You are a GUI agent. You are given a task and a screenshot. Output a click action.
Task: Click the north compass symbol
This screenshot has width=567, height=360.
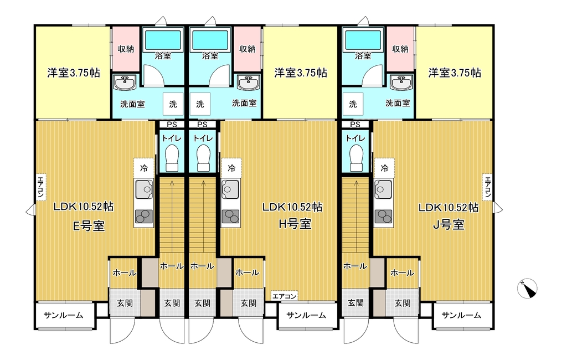click(x=527, y=289)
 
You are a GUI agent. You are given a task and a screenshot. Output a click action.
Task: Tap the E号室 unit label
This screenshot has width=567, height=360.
click(x=89, y=226)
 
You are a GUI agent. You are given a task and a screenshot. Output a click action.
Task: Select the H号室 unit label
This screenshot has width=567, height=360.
click(x=295, y=224)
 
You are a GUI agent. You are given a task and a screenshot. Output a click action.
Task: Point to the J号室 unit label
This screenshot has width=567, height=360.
click(x=449, y=225)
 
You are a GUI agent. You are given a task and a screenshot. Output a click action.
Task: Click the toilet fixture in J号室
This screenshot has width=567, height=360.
click(x=356, y=158)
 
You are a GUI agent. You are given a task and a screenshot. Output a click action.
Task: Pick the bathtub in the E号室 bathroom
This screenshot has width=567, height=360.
click(x=163, y=40)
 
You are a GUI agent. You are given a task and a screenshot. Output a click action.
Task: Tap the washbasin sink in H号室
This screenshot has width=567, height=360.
click(x=248, y=83)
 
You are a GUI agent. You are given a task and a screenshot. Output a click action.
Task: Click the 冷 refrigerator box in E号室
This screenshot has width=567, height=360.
click(x=144, y=168)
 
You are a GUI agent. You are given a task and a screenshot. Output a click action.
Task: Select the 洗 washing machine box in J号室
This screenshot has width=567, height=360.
click(x=353, y=104)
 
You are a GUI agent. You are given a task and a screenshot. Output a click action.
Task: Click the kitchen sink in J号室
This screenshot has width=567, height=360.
click(x=383, y=189)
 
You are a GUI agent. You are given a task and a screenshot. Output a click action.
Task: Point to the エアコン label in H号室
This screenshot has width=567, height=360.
click(x=284, y=296)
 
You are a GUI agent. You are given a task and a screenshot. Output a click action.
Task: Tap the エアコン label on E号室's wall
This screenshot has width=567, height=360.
click(x=40, y=187)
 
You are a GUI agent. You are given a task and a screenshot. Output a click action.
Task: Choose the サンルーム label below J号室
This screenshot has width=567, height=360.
click(x=461, y=315)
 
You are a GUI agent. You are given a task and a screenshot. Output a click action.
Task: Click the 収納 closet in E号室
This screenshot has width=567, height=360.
click(x=126, y=49)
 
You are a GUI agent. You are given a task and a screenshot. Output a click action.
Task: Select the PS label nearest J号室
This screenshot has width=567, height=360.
click(x=355, y=125)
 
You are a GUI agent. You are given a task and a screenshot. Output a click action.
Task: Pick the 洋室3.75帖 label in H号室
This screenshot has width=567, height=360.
click(x=301, y=73)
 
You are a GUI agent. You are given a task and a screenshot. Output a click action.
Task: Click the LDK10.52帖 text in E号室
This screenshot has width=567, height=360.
click(x=84, y=207)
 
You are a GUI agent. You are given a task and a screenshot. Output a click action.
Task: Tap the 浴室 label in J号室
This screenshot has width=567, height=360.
click(x=363, y=56)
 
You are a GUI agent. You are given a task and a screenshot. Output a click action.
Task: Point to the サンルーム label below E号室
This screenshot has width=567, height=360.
click(x=63, y=315)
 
